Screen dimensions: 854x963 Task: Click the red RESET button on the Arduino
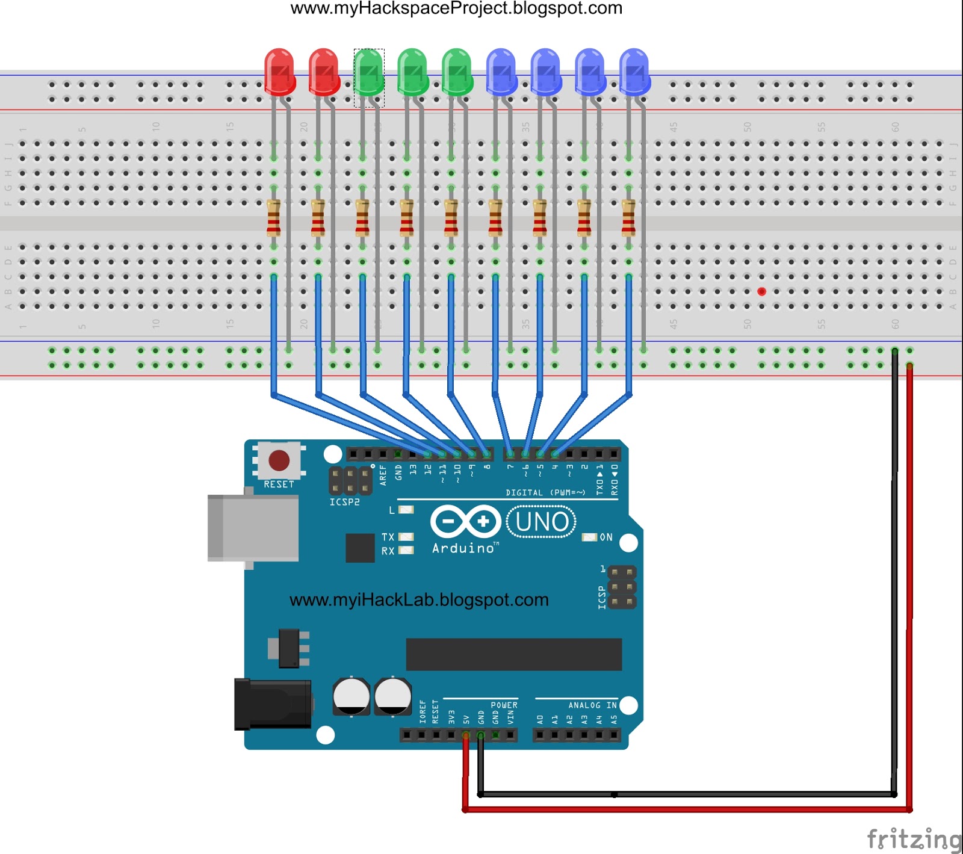(279, 461)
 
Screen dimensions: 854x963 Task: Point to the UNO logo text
(542, 522)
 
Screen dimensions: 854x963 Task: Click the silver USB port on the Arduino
(253, 528)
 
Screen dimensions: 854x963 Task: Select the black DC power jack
(273, 704)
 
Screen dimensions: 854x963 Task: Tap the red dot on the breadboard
(761, 291)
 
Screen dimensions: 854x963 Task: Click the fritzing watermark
(913, 839)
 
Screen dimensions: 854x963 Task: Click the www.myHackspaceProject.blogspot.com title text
(456, 8)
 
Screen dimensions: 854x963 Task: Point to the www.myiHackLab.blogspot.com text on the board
(419, 600)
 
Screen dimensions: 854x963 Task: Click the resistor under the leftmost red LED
(273, 218)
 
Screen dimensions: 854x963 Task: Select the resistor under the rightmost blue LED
(628, 218)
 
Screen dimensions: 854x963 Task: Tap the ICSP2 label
(344, 502)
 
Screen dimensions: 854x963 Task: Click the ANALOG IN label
(592, 705)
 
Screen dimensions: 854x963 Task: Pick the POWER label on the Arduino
(504, 705)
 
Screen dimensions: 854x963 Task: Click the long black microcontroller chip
(513, 654)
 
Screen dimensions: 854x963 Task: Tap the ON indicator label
(605, 537)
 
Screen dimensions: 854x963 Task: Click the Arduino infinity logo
(466, 522)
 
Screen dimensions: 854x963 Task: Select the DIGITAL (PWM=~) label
(545, 492)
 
